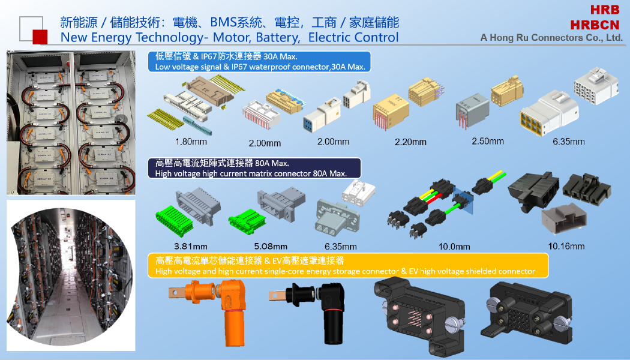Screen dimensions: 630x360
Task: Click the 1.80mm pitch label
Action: coord(191,142)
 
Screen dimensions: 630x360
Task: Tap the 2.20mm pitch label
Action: coord(410,142)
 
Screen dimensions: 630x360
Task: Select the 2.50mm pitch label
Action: coord(488,141)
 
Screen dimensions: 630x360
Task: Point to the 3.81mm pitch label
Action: coord(191,246)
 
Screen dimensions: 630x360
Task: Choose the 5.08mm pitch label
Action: coord(271,246)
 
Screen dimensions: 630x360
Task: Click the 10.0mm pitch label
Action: coord(454,246)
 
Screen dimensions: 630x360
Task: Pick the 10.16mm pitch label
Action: coord(566,246)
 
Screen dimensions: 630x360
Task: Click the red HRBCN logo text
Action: coord(595,25)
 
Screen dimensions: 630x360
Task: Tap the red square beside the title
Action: coord(40,37)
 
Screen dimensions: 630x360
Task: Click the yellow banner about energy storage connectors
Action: coord(348,266)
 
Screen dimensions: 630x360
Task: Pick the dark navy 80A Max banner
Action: coord(254,168)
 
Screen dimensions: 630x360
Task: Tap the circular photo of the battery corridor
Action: coord(70,277)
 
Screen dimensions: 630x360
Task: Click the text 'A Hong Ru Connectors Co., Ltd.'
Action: coord(551,38)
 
